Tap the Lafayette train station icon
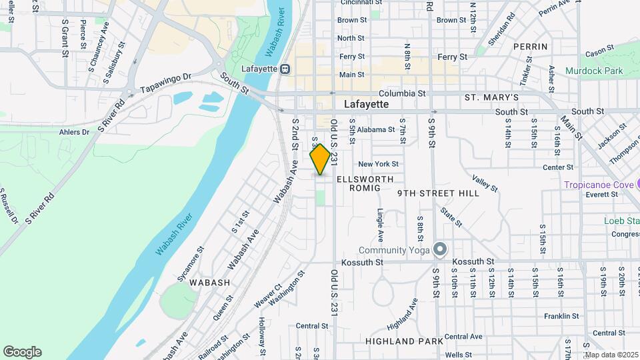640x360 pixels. (x=285, y=69)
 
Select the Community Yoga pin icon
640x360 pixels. (x=439, y=249)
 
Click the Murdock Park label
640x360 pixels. (x=594, y=70)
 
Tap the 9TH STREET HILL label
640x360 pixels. (x=438, y=193)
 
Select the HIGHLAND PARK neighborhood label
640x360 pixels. (x=404, y=341)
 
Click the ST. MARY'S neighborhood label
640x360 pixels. (x=491, y=98)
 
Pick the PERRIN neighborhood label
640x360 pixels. (x=531, y=47)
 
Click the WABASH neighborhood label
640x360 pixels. (x=209, y=283)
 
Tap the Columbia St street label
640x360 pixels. (x=402, y=94)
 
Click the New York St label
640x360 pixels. (x=378, y=164)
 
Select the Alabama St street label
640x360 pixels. (x=372, y=130)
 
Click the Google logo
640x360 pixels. (x=22, y=351)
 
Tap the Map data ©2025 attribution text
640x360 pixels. (x=611, y=355)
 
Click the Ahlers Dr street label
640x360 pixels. (x=74, y=132)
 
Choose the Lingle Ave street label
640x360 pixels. (x=380, y=226)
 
